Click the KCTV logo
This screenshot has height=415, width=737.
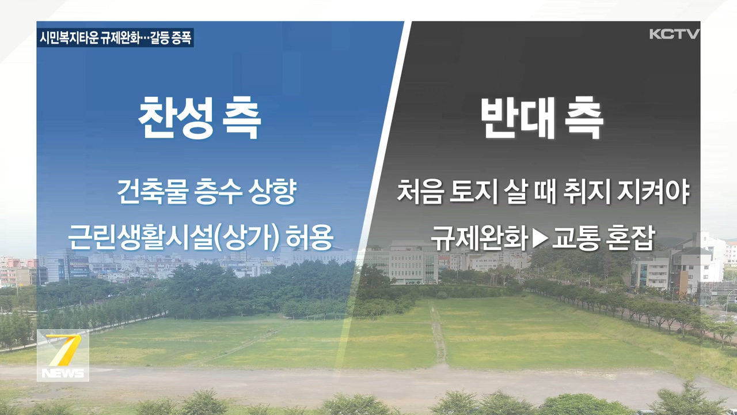point(674,34)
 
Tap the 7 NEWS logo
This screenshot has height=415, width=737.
point(63,356)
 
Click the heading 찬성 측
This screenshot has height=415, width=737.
point(200,118)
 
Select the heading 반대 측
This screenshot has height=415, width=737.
point(542,118)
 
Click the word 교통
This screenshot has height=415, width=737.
point(574,238)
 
